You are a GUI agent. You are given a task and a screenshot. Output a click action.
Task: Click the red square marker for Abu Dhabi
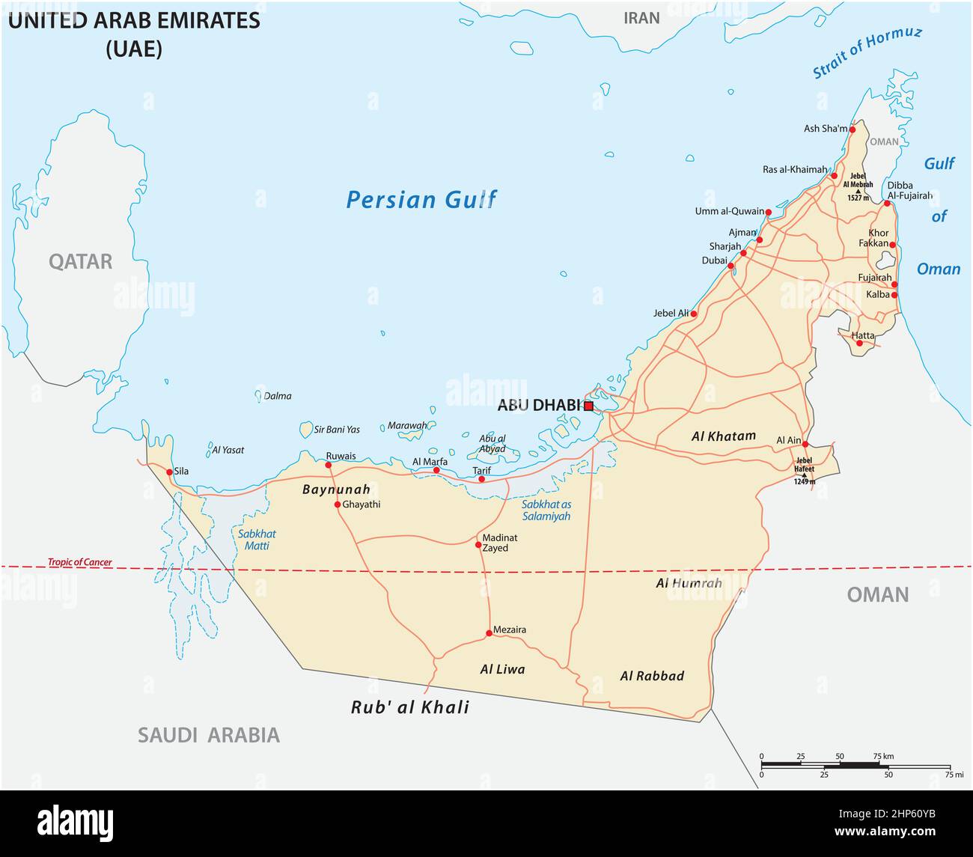point(588,406)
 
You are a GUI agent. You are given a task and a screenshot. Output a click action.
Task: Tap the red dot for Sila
point(169,472)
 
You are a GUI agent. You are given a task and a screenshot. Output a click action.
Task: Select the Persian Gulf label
point(421,200)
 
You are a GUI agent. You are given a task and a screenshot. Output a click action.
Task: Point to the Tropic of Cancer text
point(79,562)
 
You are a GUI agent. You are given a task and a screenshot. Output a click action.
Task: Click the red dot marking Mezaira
point(489,633)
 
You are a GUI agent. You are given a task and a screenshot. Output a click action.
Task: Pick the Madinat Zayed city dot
point(478,544)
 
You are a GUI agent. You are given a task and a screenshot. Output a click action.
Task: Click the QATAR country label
point(80,261)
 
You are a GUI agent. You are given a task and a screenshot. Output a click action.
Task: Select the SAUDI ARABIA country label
point(208,735)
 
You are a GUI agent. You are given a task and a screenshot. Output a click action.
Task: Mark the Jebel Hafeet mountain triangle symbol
point(805,475)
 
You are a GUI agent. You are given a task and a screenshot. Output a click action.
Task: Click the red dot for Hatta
point(859,344)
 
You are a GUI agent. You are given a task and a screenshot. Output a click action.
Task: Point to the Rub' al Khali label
point(410,707)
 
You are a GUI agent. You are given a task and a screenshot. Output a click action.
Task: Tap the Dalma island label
point(278,396)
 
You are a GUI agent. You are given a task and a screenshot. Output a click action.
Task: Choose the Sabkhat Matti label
point(257,540)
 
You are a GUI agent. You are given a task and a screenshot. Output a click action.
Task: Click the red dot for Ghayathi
point(338,504)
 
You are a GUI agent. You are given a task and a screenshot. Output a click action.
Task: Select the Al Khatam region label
point(723,436)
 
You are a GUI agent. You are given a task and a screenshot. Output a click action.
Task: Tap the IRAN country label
point(641,18)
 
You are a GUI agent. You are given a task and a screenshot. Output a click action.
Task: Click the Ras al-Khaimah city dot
point(834,176)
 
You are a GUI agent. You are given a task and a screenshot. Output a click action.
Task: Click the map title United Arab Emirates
point(134,20)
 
